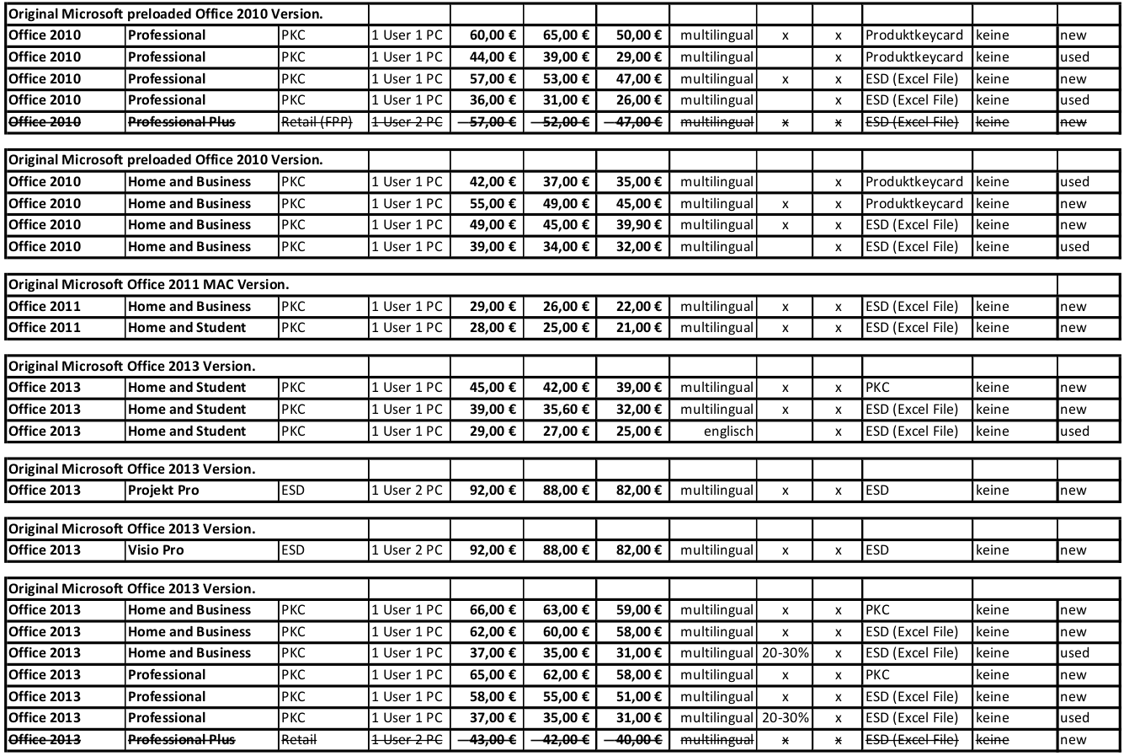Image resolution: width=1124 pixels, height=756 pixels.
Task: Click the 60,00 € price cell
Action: point(493,35)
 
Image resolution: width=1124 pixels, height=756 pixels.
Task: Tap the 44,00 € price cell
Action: point(493,57)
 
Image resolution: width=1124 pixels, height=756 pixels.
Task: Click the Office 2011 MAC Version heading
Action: point(148,285)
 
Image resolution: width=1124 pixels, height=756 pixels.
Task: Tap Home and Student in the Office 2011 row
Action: point(187,328)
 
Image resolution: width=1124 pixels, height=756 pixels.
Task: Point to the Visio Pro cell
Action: point(156,550)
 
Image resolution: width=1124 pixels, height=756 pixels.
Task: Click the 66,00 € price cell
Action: point(493,610)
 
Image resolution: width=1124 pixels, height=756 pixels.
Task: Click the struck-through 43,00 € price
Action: point(493,740)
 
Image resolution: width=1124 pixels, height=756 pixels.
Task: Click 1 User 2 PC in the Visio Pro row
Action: point(407,550)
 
